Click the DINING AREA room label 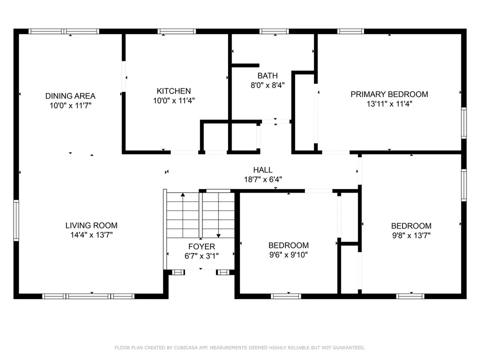point(70,96)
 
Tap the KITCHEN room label point(174,91)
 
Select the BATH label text point(267,75)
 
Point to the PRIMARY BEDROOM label point(389,94)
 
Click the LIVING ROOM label point(91,225)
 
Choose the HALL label point(262,170)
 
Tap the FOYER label point(201,246)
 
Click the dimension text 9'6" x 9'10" point(288,254)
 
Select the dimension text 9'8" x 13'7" point(411,235)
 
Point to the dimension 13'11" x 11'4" point(389,104)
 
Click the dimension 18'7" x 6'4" point(262,179)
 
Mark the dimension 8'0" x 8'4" point(267,85)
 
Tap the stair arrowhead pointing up point(183,194)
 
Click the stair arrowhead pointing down point(218,235)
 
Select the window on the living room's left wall point(16,220)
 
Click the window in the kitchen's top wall point(176,31)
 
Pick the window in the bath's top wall point(274,31)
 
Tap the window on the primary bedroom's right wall point(464,123)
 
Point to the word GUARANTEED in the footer point(348,348)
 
